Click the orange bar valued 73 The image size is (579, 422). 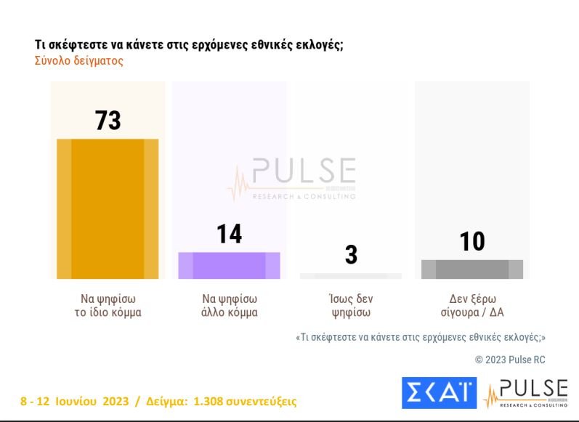click(108, 208)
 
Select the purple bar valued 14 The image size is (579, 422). click(229, 265)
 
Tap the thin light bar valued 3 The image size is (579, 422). click(350, 276)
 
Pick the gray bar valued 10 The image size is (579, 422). click(472, 269)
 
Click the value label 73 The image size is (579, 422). click(108, 121)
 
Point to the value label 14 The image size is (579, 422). click(229, 235)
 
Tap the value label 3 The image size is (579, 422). click(351, 256)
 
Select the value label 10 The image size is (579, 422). click(472, 242)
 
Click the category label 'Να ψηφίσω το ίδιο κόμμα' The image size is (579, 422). click(108, 306)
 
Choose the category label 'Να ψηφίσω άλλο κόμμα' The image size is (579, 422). click(230, 306)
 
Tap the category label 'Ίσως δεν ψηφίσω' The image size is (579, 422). click(351, 306)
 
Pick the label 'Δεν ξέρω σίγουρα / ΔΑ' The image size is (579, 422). click(472, 306)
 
